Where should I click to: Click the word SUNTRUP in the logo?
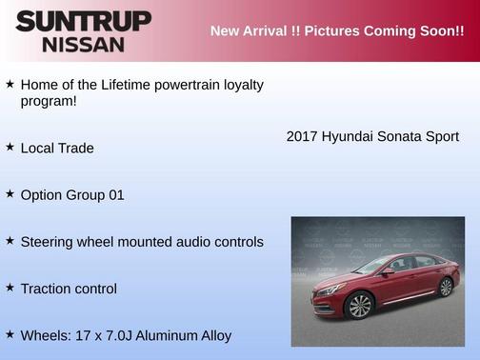coord(83,20)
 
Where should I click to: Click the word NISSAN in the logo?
coord(83,44)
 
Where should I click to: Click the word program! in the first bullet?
coord(49,101)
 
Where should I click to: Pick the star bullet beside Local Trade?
coord(10,147)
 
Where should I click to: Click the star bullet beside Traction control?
coord(10,288)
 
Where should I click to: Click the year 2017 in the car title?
coord(302,137)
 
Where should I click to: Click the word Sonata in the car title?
coord(401,137)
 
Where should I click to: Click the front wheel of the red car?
coord(359,306)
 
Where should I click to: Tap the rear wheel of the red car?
coord(444,287)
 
